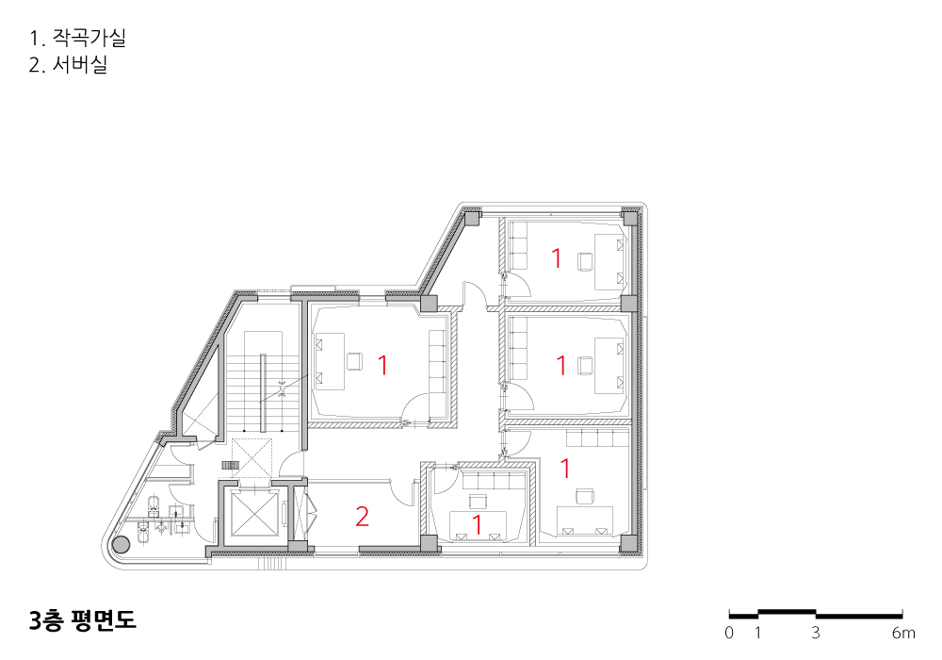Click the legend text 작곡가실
point(89,38)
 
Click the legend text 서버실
point(80,64)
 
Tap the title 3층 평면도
point(82,619)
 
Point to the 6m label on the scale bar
point(903,633)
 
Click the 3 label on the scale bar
point(815,633)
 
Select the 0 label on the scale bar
point(729,633)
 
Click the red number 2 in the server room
point(362,517)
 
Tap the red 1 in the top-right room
point(557,257)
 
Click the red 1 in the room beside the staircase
point(382,365)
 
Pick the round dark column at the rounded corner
point(122,545)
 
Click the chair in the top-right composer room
point(585,262)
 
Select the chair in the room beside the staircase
point(354,361)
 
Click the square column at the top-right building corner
point(629,217)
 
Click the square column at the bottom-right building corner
point(628,543)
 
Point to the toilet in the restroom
point(154,505)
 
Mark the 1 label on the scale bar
point(757,633)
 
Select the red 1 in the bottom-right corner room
point(564,469)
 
